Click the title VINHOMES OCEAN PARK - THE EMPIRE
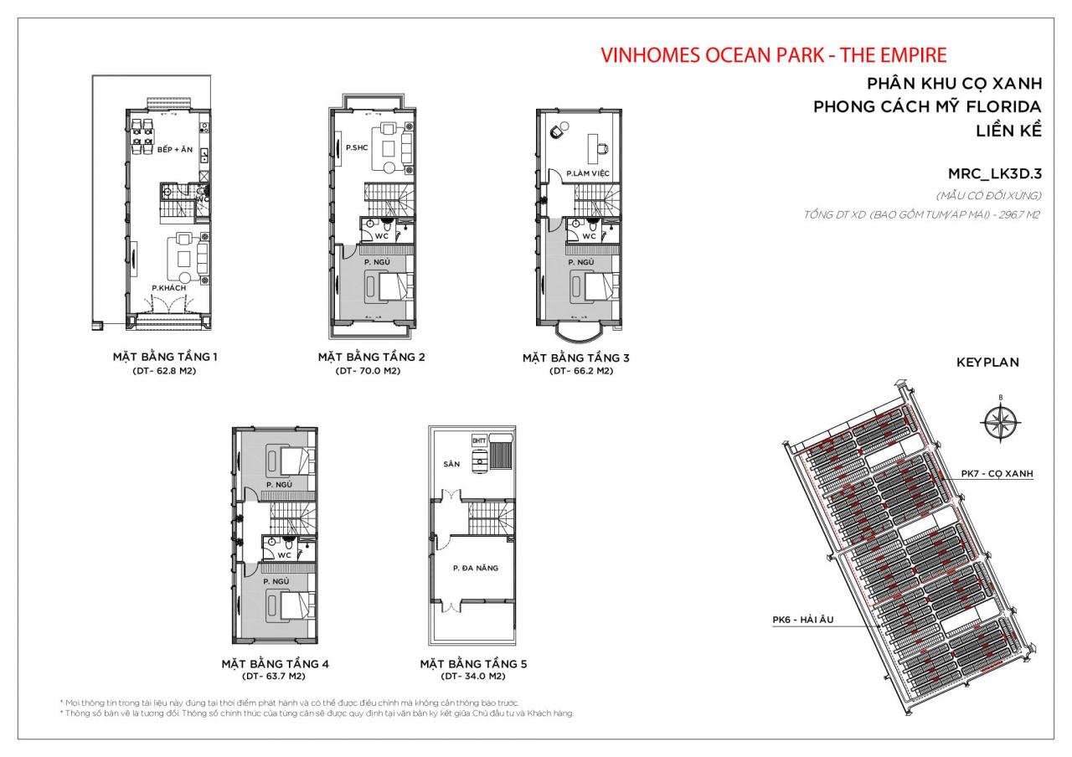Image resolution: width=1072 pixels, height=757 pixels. [x=774, y=55]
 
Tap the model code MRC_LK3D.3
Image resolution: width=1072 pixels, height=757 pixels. [x=994, y=174]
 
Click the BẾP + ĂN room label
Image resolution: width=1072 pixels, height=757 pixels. [x=174, y=150]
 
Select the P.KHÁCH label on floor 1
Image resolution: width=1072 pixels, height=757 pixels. [x=168, y=288]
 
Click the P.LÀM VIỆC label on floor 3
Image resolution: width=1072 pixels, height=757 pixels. [x=587, y=173]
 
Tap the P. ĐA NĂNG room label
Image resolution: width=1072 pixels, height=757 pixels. [x=475, y=568]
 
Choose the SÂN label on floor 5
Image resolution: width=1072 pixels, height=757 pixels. [x=452, y=464]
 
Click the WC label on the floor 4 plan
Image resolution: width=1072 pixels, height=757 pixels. [x=284, y=554]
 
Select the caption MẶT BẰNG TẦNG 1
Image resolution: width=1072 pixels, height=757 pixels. [x=165, y=358]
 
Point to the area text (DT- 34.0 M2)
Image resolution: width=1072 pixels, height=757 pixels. [x=473, y=676]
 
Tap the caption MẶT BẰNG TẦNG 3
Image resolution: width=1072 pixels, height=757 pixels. [x=576, y=358]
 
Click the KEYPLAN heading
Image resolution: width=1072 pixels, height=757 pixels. [x=987, y=363]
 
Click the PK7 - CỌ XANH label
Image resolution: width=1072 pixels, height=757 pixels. [x=997, y=474]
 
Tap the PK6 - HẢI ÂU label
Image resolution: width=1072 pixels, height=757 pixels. [x=802, y=621]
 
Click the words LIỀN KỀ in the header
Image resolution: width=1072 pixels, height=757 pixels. [x=1008, y=131]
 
